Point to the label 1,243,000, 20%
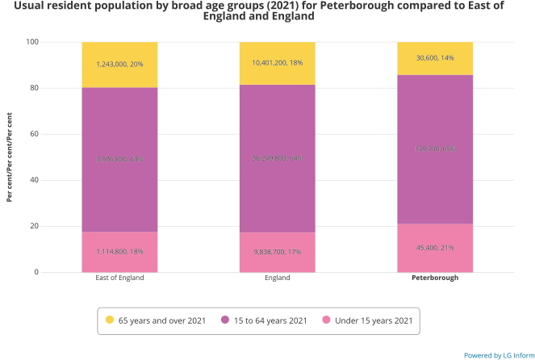(119, 64)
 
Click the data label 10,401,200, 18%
(277, 63)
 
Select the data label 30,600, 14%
(434, 58)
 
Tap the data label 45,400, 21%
(434, 248)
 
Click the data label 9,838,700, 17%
(277, 252)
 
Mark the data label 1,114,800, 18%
(119, 252)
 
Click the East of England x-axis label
(119, 278)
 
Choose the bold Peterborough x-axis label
(434, 278)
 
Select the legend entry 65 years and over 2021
(161, 320)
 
